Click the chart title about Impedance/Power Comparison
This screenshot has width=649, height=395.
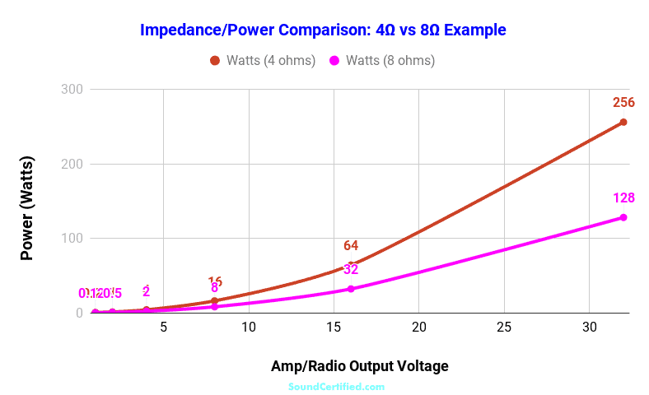(x=323, y=30)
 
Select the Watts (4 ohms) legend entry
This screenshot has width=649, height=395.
(x=263, y=60)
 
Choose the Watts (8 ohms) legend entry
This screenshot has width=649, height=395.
(x=382, y=60)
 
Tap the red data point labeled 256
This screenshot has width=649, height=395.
(x=623, y=122)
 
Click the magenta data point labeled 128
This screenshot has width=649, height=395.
(x=623, y=217)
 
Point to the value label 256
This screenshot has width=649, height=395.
(x=623, y=103)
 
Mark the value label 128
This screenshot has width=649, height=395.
(x=623, y=198)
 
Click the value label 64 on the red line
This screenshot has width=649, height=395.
(x=351, y=245)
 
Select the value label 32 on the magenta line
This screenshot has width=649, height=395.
(x=351, y=269)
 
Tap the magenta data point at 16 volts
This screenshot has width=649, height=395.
(x=351, y=289)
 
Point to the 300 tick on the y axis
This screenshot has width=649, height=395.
(x=72, y=89)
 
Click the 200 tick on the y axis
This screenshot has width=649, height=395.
(x=72, y=164)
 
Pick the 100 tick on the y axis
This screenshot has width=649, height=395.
(x=72, y=239)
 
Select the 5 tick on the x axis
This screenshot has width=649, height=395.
(x=163, y=327)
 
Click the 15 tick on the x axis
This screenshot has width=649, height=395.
(x=333, y=327)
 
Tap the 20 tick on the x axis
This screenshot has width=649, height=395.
(x=418, y=327)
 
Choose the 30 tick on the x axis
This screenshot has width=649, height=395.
(x=588, y=327)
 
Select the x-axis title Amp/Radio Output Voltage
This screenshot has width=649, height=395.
(x=359, y=365)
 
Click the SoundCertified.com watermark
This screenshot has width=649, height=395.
(x=336, y=386)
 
